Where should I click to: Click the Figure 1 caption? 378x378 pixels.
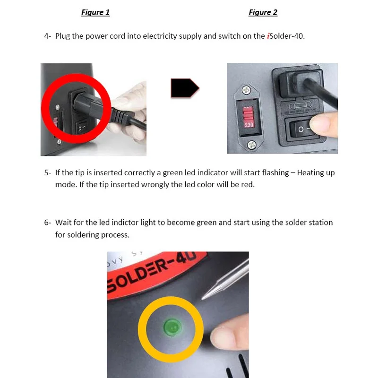tap(95, 12)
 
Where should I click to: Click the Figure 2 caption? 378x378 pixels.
tap(263, 12)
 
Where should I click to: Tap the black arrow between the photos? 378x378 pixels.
tap(185, 88)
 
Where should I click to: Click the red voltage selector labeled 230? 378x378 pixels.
tap(249, 117)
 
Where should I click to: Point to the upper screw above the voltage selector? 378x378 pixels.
tap(246, 90)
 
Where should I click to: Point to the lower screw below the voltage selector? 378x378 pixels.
tap(252, 145)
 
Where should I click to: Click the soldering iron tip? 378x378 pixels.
tap(224, 280)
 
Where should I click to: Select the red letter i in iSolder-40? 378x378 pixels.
tap(268, 36)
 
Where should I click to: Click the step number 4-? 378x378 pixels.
tap(48, 36)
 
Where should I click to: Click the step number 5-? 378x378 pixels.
tap(48, 173)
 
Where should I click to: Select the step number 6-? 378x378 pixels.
tap(48, 223)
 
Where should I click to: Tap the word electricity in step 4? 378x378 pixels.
tap(160, 36)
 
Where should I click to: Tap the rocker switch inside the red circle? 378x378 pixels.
tap(81, 127)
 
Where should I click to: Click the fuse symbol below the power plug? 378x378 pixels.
tap(300, 105)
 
